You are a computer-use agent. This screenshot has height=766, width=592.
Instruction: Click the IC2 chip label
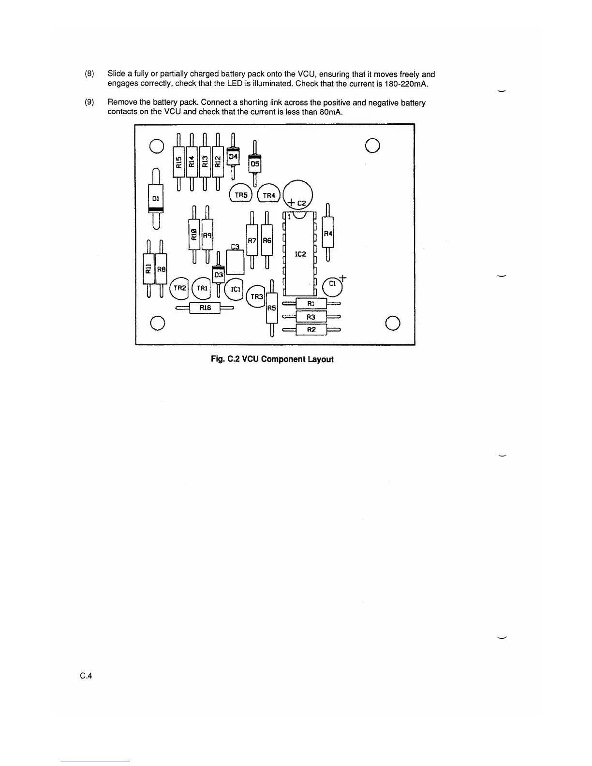300,254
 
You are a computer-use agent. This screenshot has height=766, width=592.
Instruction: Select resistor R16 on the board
205,308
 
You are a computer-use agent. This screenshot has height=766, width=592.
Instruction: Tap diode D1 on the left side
155,198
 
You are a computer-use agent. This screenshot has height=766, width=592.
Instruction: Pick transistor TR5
241,194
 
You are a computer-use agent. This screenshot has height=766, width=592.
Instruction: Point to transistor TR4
268,195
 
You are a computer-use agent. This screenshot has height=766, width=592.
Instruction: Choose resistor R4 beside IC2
328,234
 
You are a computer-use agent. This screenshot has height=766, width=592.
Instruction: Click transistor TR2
179,288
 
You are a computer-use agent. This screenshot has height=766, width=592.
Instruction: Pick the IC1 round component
235,289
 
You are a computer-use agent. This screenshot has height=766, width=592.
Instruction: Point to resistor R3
311,317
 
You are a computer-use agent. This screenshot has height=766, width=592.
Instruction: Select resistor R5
271,308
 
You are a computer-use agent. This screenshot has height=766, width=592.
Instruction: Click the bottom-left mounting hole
156,322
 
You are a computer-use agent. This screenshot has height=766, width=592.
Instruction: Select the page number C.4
87,676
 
